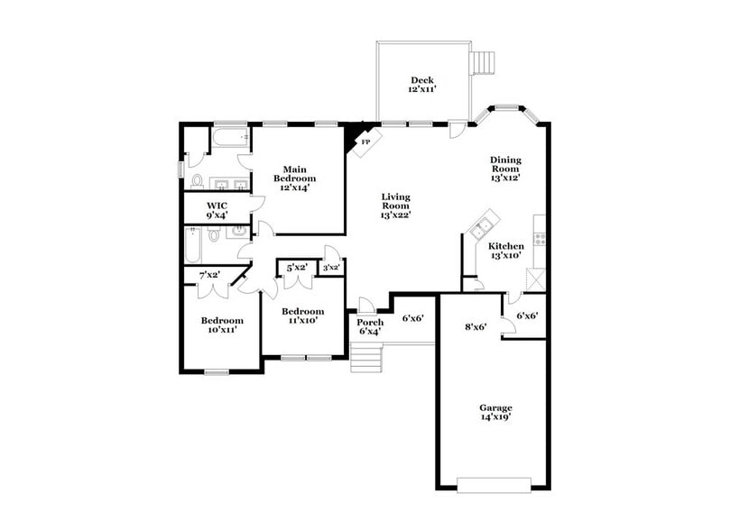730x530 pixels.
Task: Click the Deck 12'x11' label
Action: click(422, 85)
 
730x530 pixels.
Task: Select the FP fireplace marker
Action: click(365, 142)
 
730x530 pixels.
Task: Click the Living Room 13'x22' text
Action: click(395, 206)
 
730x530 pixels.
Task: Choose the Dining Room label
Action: click(505, 169)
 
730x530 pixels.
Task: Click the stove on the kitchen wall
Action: click(541, 239)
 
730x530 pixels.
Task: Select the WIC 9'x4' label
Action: click(217, 211)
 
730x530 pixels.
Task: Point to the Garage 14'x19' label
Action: click(495, 413)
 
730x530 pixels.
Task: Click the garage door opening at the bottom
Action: click(494, 485)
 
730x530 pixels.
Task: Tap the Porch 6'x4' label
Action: click(370, 326)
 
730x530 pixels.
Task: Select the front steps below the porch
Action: click(365, 361)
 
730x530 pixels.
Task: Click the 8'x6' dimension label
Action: click(476, 327)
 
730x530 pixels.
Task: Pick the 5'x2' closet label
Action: click(297, 268)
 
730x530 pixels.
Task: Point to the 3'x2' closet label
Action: click(331, 267)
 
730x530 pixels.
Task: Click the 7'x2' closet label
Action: click(209, 274)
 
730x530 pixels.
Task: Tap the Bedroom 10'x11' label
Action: click(222, 325)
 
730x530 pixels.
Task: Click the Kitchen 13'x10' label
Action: click(505, 251)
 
